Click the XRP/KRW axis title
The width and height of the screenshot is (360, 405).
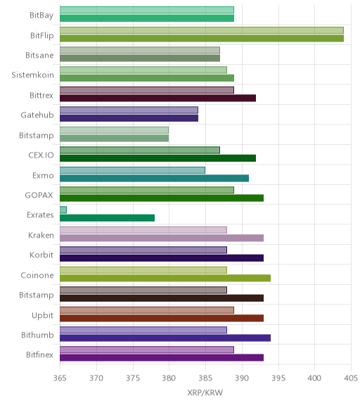205,392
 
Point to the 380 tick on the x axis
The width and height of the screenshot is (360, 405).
169,378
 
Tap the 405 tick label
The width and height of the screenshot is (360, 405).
351,378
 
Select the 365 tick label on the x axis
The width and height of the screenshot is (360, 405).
60,378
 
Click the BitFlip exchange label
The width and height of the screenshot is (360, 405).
42,35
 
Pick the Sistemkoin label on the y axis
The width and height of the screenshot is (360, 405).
32,75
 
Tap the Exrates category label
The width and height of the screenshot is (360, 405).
40,215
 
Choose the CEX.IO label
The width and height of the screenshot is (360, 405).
41,155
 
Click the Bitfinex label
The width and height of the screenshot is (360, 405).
39,354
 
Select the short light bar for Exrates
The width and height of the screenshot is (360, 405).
63,210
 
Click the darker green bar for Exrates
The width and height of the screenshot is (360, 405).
107,218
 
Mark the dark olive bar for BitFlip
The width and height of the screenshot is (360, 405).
202,39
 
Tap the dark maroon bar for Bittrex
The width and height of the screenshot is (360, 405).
157,98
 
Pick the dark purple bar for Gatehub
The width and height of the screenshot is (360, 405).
129,118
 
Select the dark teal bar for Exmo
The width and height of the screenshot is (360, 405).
155,178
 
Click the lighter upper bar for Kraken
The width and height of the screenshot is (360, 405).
143,230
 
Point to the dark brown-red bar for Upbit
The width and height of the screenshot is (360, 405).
162,318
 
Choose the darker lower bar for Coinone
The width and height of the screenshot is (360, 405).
165,278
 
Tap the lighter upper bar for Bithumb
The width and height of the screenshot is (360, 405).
143,330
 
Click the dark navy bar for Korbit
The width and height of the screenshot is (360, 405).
162,258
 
